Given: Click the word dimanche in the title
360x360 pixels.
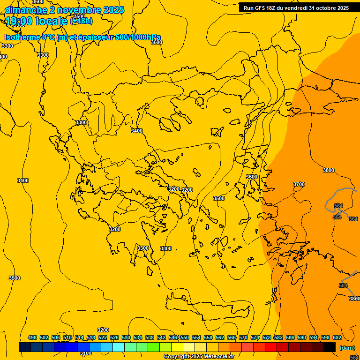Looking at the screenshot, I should pyautogui.click(x=26, y=10).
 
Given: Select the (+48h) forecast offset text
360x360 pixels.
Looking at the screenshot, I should pyautogui.click(x=81, y=21).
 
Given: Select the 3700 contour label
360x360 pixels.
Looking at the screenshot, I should pyautogui.click(x=299, y=185).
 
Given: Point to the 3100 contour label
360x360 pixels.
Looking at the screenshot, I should pyautogui.click(x=85, y=353).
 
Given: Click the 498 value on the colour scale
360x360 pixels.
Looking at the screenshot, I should pyautogui.click(x=32, y=337).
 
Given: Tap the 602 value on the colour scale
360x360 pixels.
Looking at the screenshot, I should pyautogui.click(x=337, y=337).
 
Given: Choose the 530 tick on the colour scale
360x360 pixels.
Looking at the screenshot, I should pyautogui.click(x=126, y=337).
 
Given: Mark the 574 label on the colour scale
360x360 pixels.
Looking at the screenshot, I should pyautogui.click(x=255, y=337).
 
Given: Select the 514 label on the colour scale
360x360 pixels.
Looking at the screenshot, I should pyautogui.click(x=79, y=337).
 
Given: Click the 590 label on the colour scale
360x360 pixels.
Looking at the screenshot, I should pyautogui.click(x=302, y=337).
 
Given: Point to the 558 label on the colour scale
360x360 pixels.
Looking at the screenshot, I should pyautogui.click(x=208, y=337).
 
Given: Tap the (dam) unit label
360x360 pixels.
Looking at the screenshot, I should pyautogui.click(x=347, y=348).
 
